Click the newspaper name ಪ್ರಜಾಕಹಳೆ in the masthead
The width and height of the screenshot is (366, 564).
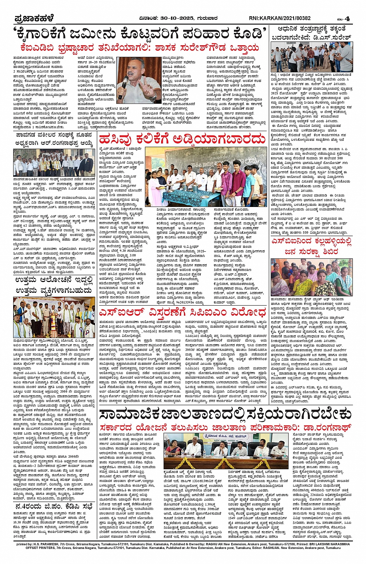[34, 18]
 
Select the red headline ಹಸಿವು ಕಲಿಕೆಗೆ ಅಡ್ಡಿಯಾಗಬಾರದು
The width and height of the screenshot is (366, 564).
[182, 139]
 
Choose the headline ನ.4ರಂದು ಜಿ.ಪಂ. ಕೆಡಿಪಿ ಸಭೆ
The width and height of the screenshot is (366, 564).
[54, 506]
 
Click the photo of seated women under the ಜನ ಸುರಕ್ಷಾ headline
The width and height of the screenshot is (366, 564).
[311, 277]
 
